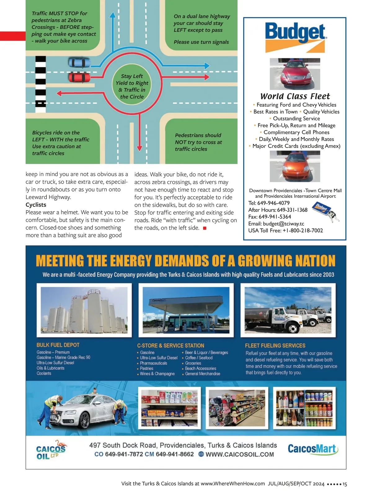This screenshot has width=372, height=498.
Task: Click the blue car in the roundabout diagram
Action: [79, 63]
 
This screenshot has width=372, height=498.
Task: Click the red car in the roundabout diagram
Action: [79, 77]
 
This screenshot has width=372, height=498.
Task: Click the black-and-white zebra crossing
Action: [41, 82]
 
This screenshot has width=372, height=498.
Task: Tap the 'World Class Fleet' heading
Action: [295, 96]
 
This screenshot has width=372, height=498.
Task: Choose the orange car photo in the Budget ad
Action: [295, 167]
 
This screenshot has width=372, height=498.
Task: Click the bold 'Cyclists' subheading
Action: [36, 205]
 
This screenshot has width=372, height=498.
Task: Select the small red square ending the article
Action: [205, 228]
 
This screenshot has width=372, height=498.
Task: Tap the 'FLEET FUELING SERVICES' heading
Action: [275, 345]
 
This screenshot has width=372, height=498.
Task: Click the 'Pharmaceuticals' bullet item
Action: [153, 363]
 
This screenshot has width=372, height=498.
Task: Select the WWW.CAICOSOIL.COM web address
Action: [239, 455]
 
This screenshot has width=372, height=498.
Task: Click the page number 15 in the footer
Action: [345, 484]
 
